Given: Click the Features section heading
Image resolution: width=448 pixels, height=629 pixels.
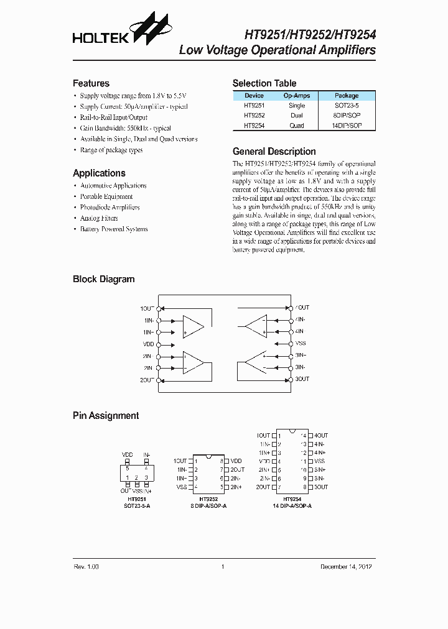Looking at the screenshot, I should tap(91, 83).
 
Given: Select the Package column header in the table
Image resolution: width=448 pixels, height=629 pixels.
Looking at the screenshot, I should tap(347, 96).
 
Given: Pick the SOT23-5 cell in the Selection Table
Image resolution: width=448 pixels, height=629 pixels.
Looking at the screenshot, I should tap(347, 106).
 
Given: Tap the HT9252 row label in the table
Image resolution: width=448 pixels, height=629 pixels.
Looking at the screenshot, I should tap(254, 116).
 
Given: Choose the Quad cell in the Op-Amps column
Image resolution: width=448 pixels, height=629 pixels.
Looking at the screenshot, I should tap(297, 126).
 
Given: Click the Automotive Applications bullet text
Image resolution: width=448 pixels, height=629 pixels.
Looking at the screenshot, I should tap(113, 186).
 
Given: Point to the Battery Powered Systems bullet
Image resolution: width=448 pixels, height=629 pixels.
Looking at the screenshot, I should tap(114, 229).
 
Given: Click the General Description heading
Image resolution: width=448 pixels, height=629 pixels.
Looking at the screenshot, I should tap(274, 152).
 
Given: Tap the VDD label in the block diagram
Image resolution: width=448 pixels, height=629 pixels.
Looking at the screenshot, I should tap(148, 344).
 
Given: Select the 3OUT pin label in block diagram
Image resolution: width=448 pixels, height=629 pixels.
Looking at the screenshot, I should tap(302, 379).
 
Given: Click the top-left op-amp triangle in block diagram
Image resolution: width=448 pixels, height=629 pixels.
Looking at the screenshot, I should tap(193, 326).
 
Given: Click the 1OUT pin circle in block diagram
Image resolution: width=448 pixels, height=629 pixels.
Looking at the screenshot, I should tap(159, 308).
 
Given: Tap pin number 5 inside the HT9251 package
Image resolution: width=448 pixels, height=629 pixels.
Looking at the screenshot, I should tap(128, 467).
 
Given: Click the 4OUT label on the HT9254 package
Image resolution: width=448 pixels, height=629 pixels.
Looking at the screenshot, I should tap(320, 436).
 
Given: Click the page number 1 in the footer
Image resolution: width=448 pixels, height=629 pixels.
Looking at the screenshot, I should tap(222, 567).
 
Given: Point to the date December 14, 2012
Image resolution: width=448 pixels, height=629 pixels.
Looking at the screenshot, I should tap(347, 567).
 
